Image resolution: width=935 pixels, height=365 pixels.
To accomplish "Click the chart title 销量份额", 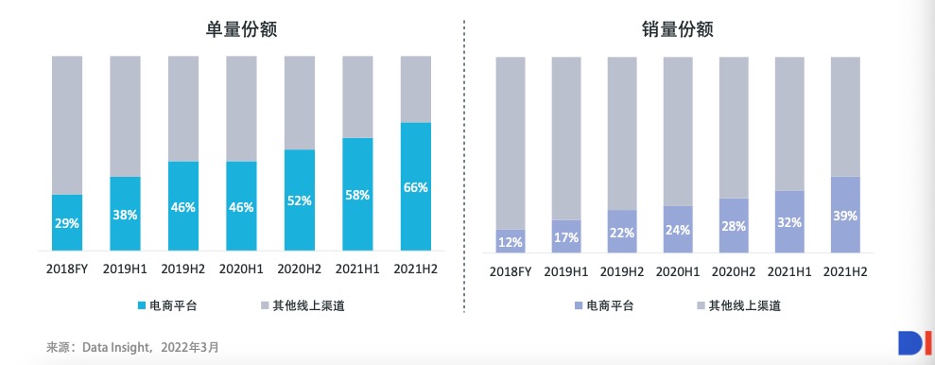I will tap(677, 30).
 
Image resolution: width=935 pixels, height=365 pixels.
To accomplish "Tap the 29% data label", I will tap(67, 224).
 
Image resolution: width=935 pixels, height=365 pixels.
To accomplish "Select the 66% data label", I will tap(416, 187).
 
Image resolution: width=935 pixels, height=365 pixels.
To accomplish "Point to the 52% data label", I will tap(300, 200).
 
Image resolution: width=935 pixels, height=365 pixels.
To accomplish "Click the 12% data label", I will tap(511, 242).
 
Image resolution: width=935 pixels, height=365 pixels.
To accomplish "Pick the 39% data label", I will tap(845, 216).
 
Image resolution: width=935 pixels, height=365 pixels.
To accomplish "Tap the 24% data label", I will tap(678, 230).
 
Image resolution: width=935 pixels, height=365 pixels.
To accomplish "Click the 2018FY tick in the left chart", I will tap(67, 269).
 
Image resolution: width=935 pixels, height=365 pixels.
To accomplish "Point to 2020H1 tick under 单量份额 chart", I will tap(242, 269).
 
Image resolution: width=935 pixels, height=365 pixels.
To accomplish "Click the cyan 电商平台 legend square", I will tap(144, 304).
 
